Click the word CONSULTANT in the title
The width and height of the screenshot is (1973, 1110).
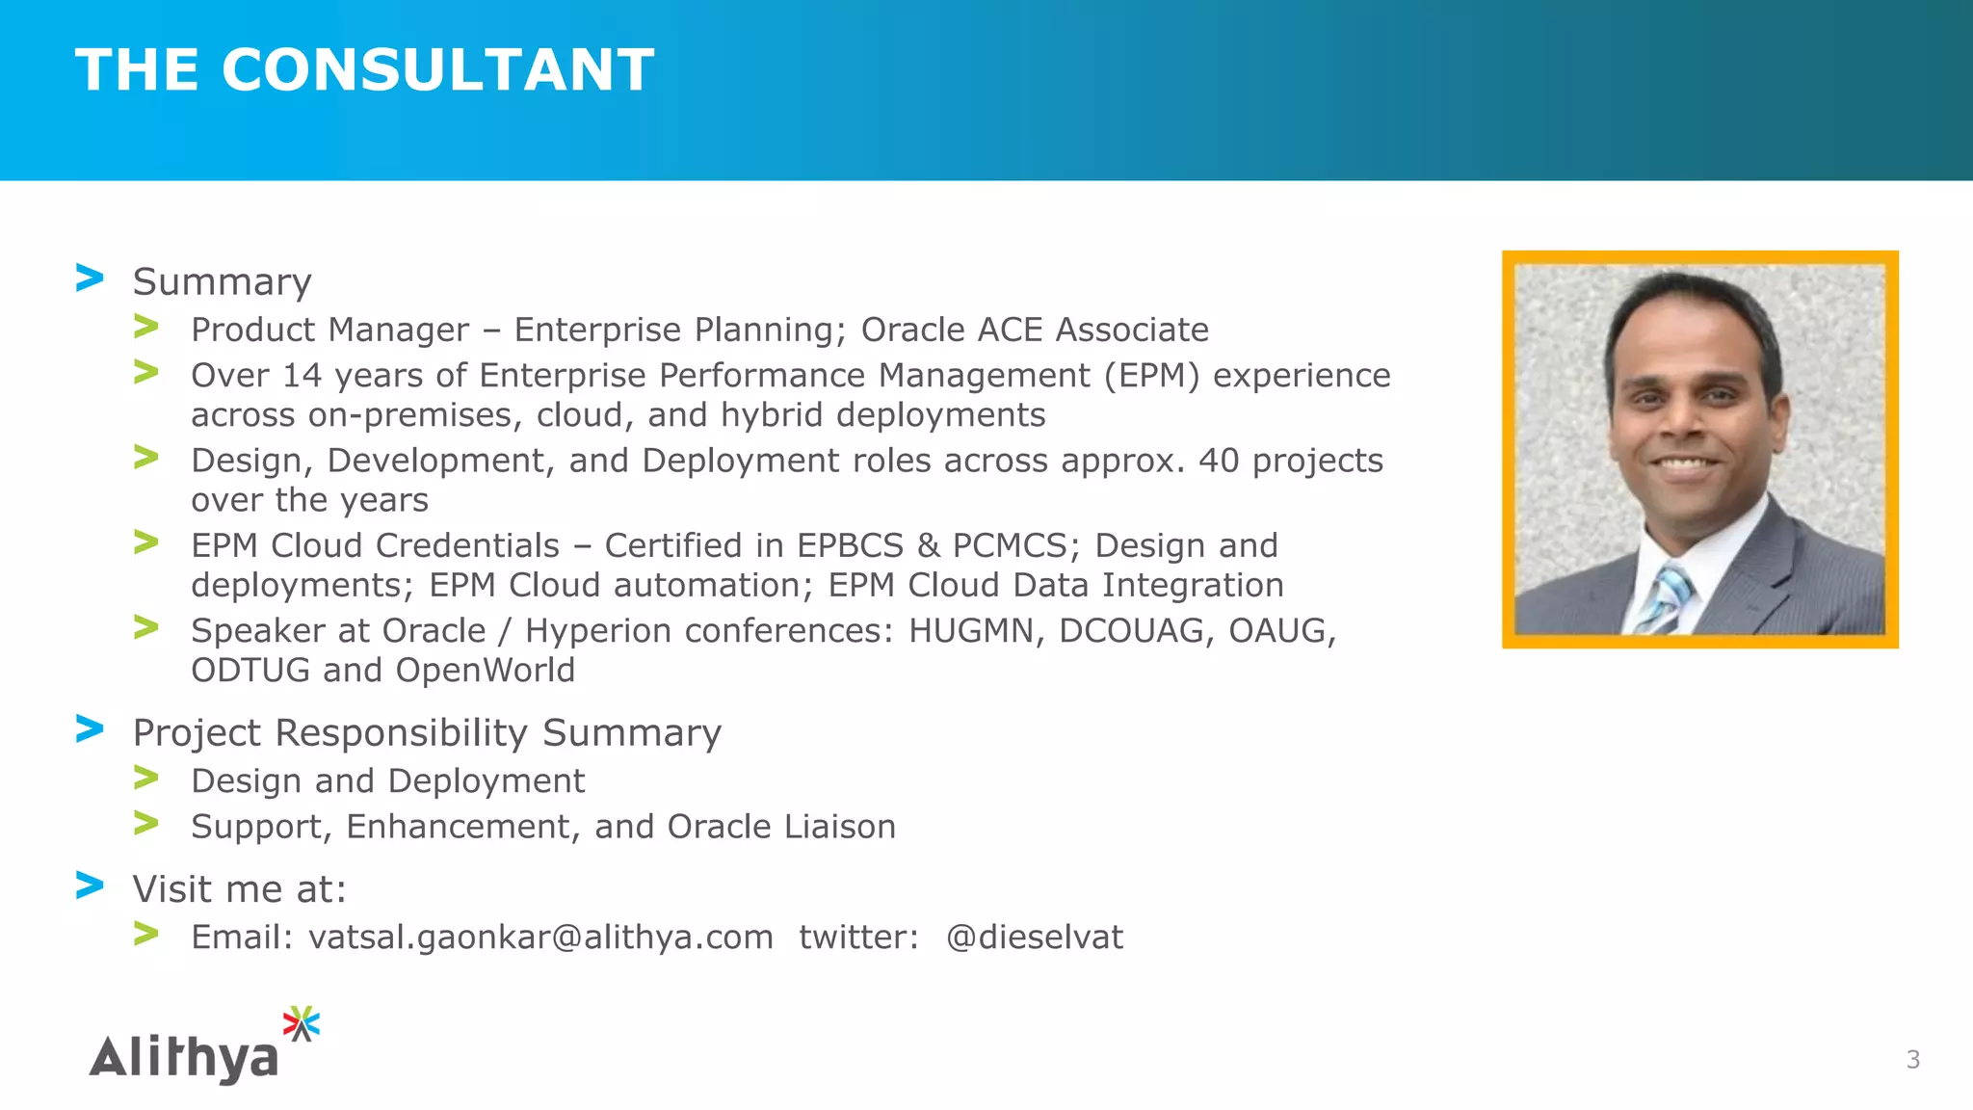438,70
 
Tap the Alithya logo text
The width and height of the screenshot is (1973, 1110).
184,1057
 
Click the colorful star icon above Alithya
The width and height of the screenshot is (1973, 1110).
302,1023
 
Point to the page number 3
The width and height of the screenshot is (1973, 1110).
1912,1060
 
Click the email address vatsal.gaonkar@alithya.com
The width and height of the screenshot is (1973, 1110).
540,938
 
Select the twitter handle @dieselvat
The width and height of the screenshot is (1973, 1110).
1034,938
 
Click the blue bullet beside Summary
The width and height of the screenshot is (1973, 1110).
90,278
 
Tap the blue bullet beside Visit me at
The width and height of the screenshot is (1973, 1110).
90,885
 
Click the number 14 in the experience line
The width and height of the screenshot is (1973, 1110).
302,376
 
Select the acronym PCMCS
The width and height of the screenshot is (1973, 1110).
1010,546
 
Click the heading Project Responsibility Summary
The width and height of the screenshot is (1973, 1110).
427,733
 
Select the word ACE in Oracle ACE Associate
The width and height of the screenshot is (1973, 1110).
1011,330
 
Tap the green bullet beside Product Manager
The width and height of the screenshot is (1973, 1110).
146,327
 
